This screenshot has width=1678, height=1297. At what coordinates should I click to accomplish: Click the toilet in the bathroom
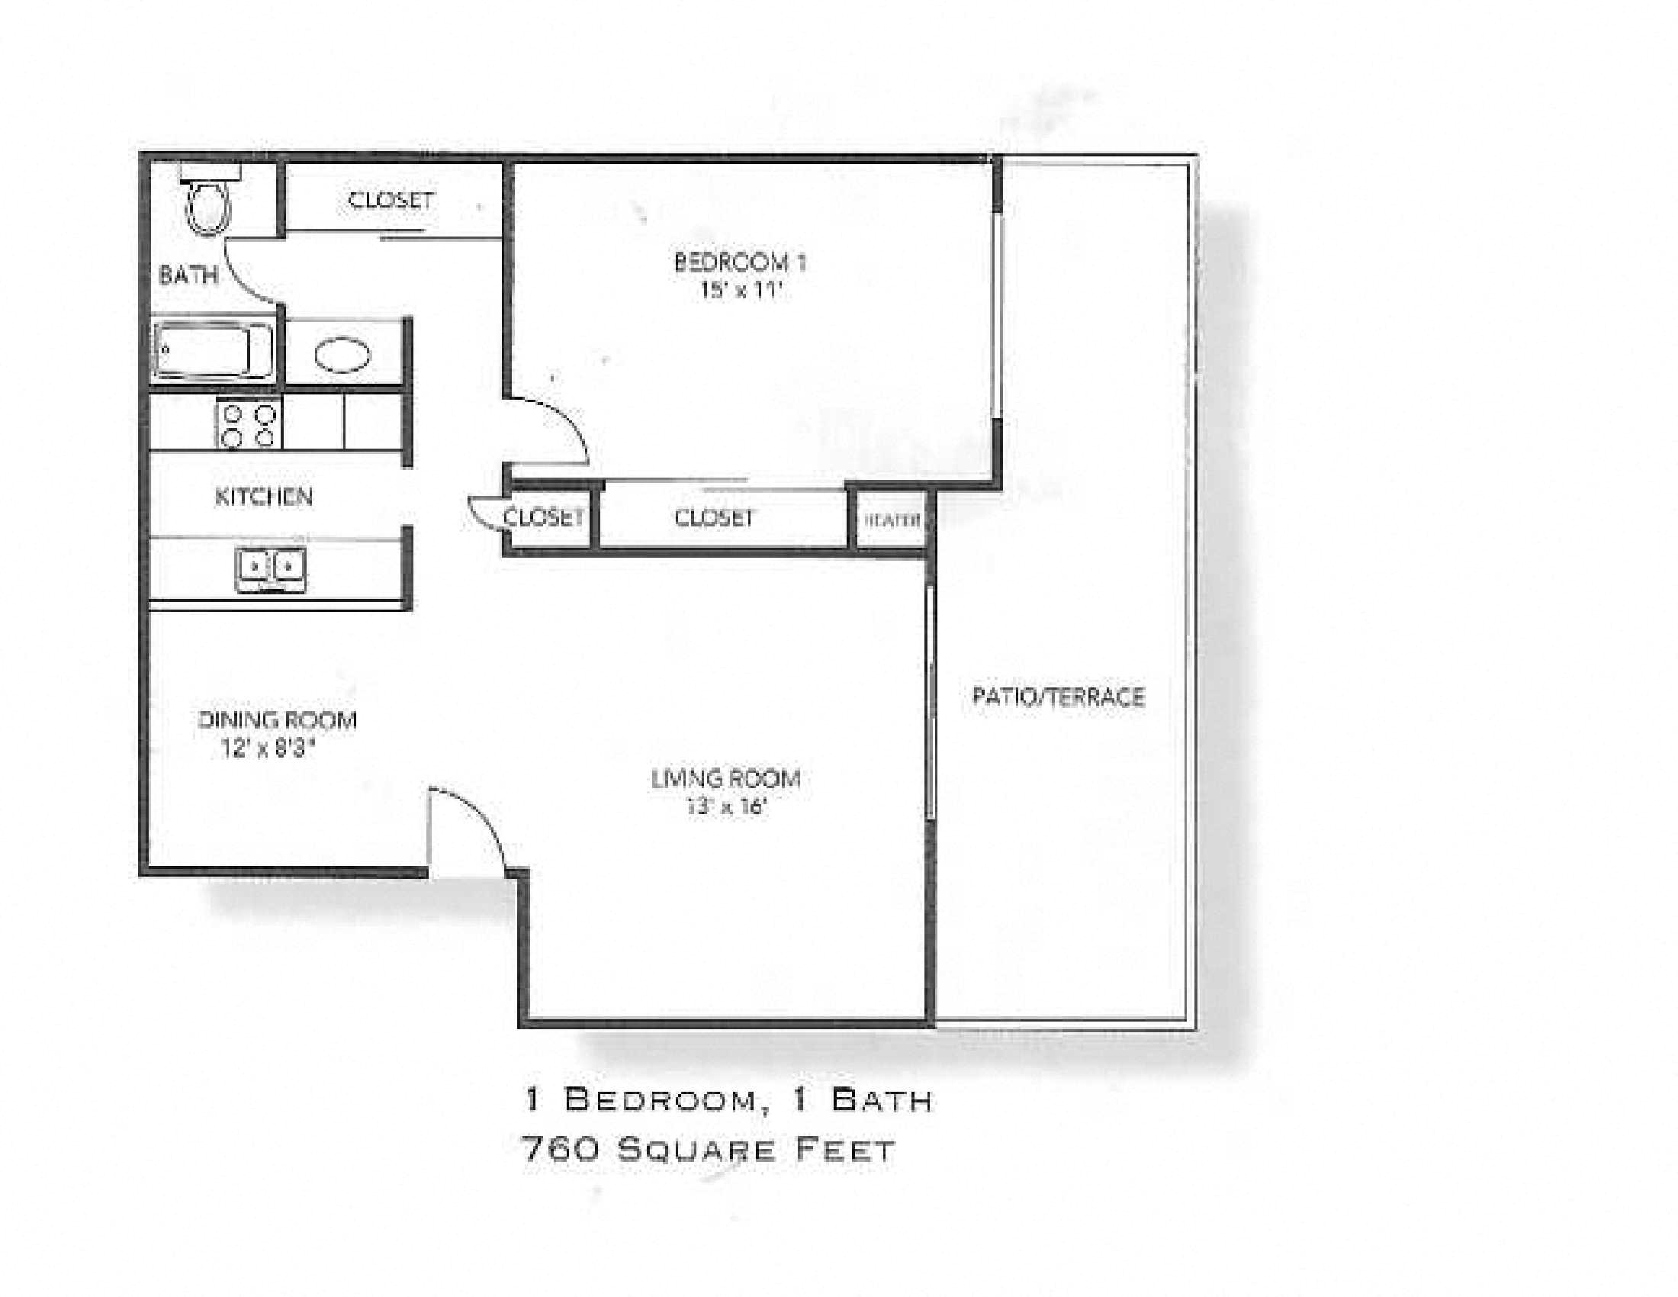pyautogui.click(x=208, y=206)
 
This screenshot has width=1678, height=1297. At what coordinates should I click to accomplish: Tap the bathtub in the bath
pyautogui.click(x=213, y=350)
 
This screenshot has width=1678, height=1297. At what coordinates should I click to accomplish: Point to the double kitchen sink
pyautogui.click(x=270, y=568)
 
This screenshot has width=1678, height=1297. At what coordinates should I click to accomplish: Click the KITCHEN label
pyautogui.click(x=264, y=497)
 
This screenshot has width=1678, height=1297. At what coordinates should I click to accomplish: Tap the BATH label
pyautogui.click(x=188, y=275)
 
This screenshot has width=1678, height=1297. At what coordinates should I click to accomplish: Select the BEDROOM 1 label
pyautogui.click(x=739, y=262)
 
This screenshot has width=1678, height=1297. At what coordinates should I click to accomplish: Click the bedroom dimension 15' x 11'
pyautogui.click(x=740, y=291)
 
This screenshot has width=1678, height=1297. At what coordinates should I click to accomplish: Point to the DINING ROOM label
pyautogui.click(x=278, y=721)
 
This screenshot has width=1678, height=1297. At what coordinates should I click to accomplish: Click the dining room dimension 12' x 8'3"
pyautogui.click(x=269, y=748)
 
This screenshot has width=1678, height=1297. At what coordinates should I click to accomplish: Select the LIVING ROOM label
pyautogui.click(x=726, y=779)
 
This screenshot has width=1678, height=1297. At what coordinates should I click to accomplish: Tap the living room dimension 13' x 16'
pyautogui.click(x=726, y=806)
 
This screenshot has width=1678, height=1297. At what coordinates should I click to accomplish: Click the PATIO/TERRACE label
pyautogui.click(x=1058, y=697)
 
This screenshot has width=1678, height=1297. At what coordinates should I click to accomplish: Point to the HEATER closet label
pyautogui.click(x=891, y=520)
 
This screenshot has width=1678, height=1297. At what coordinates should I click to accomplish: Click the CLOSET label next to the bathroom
pyautogui.click(x=391, y=201)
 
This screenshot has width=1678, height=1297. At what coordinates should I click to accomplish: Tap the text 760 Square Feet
pyautogui.click(x=708, y=1151)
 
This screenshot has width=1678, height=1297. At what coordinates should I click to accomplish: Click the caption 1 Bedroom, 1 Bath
pyautogui.click(x=728, y=1100)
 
